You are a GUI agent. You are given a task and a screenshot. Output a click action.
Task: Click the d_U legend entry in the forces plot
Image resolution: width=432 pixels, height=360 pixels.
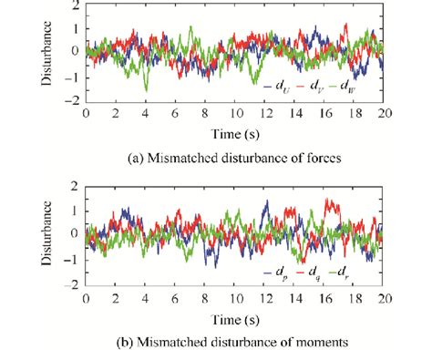281,87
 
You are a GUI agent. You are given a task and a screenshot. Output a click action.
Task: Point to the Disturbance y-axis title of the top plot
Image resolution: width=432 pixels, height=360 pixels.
46,54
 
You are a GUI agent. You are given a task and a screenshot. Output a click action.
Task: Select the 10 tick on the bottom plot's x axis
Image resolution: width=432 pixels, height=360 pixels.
234,297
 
